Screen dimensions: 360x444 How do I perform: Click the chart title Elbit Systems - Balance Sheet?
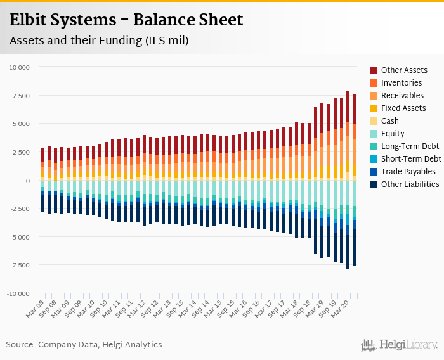[126, 20]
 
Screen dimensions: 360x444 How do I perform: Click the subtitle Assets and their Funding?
[99, 41]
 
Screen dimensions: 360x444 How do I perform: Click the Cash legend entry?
[390, 120]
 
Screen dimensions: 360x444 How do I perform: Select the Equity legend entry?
[393, 133]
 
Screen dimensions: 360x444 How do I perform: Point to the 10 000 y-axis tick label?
[19, 67]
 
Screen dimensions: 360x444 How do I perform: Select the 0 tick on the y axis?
[28, 181]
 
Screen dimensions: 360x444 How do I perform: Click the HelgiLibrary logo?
[400, 345]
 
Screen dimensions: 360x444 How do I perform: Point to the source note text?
[84, 345]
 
